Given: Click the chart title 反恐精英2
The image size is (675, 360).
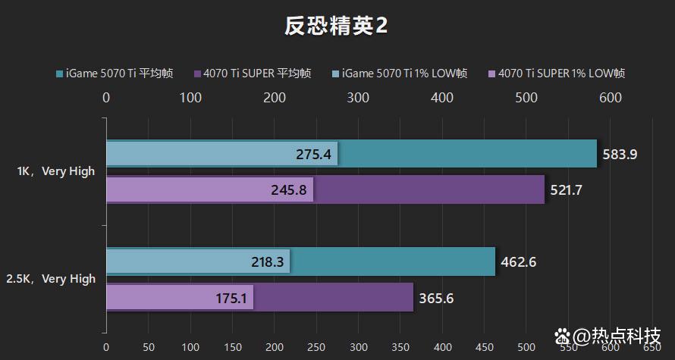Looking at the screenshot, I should pos(337,27).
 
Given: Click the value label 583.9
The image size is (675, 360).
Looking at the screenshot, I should pos(620,154).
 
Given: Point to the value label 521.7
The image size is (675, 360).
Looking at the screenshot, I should pos(567,189).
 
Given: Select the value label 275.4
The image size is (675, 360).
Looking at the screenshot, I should pos(314,154).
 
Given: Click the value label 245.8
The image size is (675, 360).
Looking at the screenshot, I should pos(289,189).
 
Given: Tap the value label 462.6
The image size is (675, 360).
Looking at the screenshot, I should pos(519,262).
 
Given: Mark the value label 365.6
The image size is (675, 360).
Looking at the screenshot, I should pos(436,298).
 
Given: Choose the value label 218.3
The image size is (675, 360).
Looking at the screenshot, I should pos(266,262).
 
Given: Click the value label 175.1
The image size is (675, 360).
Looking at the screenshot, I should pos(231,298).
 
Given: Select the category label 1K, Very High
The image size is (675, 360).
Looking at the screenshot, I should pos(56,171).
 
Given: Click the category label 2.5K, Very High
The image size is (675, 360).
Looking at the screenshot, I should pos(51,279).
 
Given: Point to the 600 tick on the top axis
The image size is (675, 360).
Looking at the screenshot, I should pos(610,98).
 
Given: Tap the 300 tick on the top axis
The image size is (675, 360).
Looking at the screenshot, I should pos(358,98).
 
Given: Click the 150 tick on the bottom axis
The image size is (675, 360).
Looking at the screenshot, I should pos(232,346).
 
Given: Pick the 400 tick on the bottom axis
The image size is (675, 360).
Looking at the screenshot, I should pos(442,346).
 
